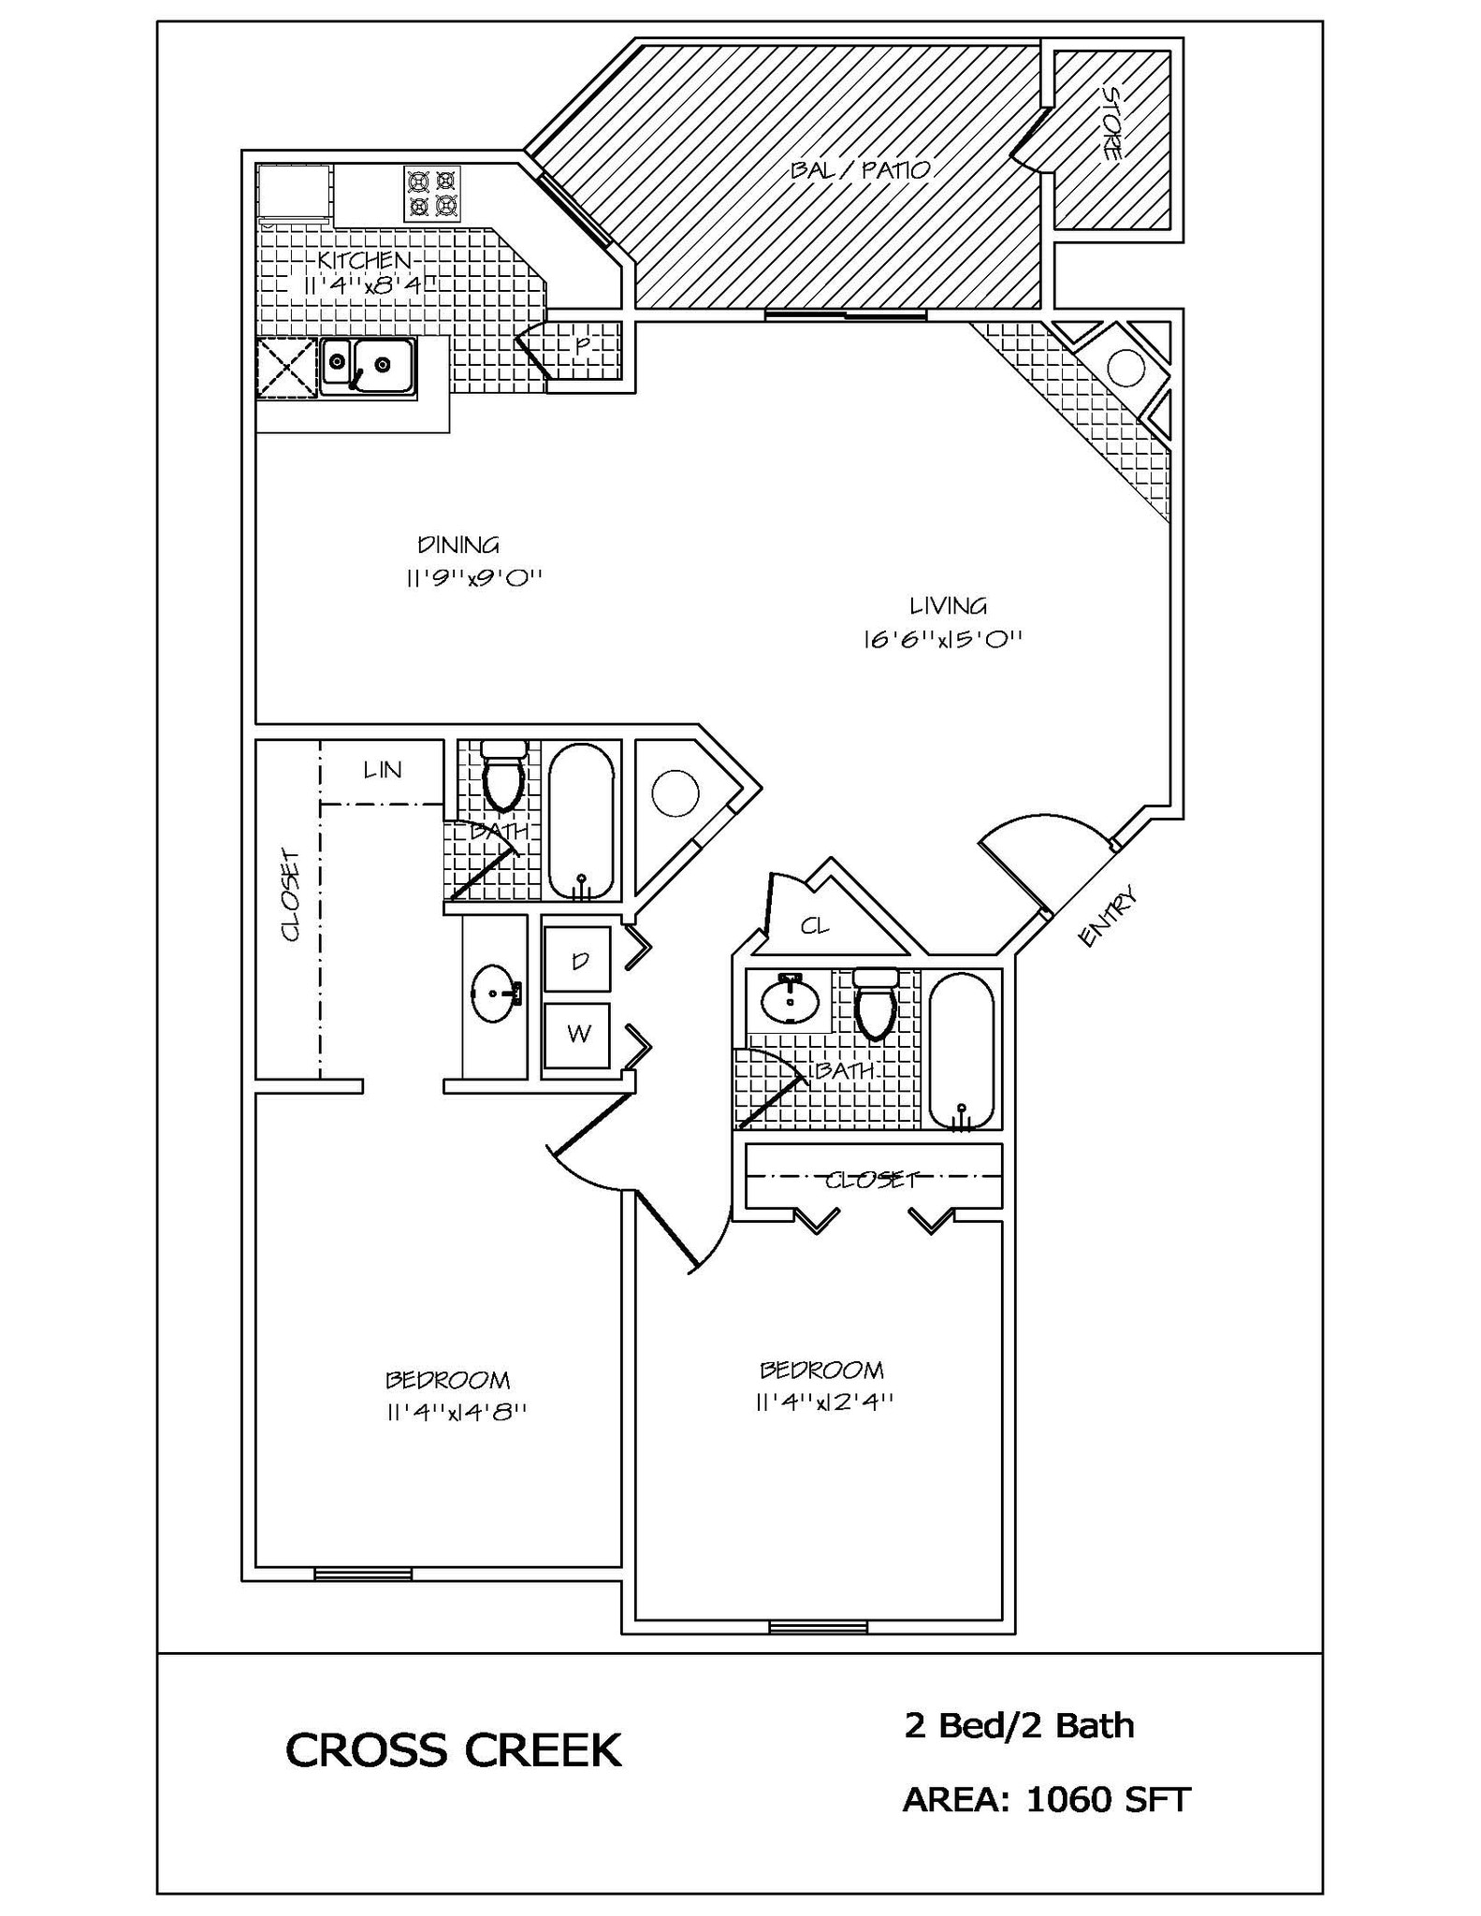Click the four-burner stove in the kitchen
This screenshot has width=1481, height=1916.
click(432, 194)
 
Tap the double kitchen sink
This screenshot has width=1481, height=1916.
click(368, 365)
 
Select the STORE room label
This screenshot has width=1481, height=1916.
click(1111, 123)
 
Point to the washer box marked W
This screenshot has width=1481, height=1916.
click(578, 1034)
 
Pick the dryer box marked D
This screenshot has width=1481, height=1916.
click(578, 960)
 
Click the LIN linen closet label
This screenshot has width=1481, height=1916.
click(382, 770)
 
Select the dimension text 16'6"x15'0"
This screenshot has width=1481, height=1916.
click(942, 640)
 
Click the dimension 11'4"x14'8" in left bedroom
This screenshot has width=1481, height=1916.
click(457, 1412)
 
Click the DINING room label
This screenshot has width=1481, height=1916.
click(457, 544)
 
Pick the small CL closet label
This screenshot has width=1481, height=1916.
click(814, 926)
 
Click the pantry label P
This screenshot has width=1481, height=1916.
click(582, 345)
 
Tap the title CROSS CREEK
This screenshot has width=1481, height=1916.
click(454, 1749)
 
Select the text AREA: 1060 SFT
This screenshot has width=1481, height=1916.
click(1045, 1798)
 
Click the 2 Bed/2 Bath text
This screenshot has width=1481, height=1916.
click(1019, 1724)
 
